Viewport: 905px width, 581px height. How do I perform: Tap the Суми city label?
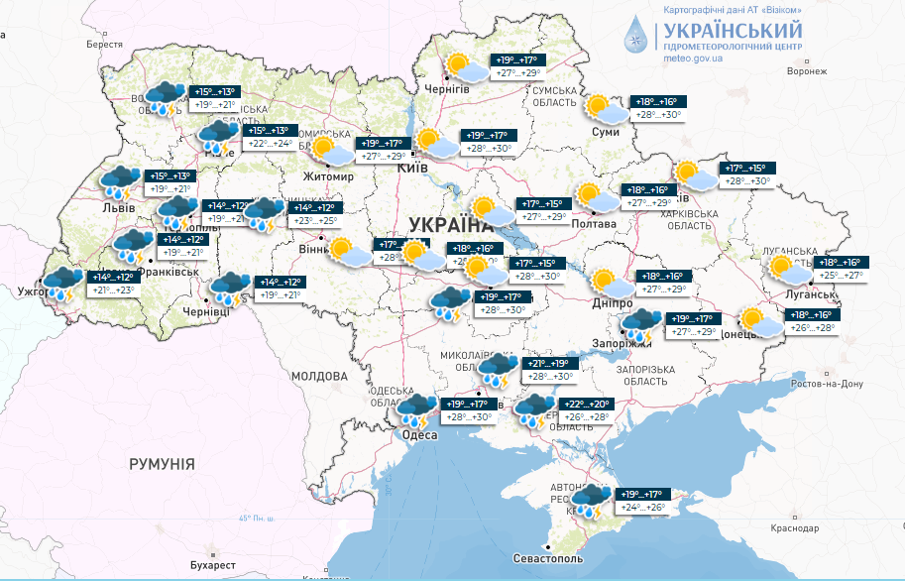point(605,132)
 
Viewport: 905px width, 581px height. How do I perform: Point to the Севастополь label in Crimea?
point(547,559)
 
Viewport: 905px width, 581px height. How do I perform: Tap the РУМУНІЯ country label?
point(161,464)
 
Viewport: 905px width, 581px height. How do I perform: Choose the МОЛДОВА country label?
point(319,377)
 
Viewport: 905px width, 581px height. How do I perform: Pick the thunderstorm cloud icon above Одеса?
point(417,409)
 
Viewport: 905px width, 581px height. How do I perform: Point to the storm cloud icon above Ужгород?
point(63,284)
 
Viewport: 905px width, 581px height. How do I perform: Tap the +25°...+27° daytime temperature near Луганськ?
point(842,275)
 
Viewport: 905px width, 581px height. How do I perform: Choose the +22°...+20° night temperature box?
point(586,404)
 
